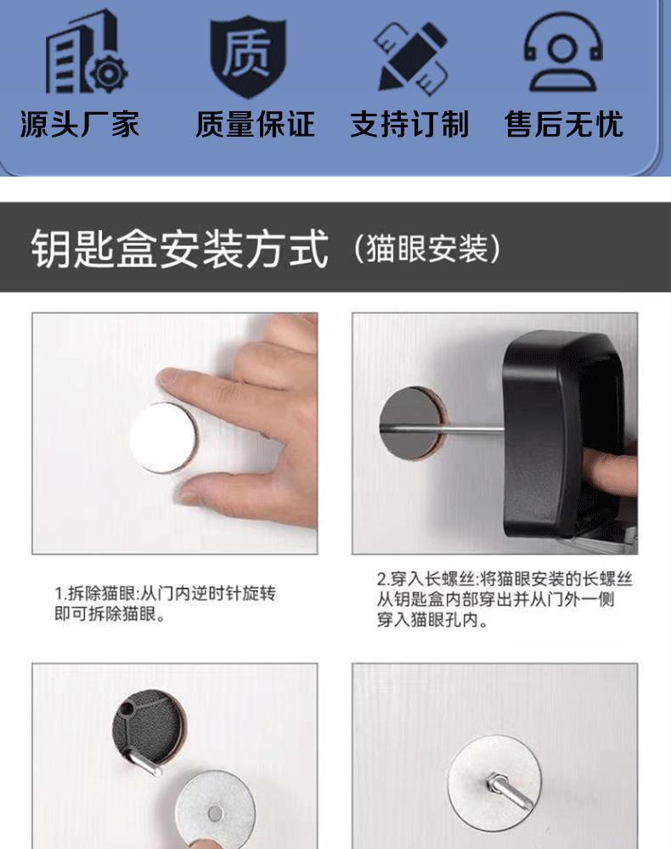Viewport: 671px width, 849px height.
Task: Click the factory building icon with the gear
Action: coord(86,53)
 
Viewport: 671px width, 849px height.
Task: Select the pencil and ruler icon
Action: coord(411,56)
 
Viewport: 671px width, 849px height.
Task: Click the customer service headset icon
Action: coord(563,52)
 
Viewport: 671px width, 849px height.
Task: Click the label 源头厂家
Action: coord(80,125)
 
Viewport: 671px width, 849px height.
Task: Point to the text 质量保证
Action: coord(255,125)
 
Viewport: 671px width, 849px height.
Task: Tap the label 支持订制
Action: coord(409,125)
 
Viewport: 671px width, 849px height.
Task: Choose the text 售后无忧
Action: coord(564,125)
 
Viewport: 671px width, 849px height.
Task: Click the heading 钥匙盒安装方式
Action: coord(179,249)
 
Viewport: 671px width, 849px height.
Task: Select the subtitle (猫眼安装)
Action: coord(427,249)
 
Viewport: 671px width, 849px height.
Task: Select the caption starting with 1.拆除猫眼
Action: coord(165,603)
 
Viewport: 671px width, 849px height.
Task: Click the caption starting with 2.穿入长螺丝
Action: coord(505,599)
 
